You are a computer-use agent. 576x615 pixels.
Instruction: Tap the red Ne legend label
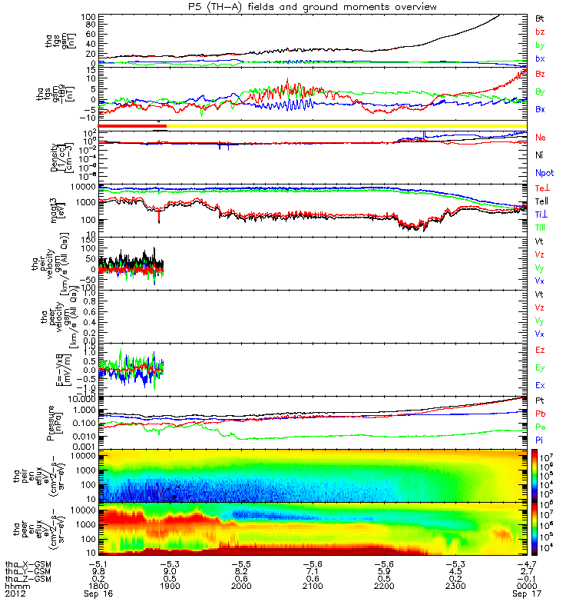point(540,138)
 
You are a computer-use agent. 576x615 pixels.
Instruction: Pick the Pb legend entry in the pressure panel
point(540,414)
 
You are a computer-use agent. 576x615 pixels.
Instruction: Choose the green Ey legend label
point(540,367)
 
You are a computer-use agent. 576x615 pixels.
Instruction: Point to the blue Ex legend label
point(540,384)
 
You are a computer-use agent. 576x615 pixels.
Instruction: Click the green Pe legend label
point(540,425)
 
